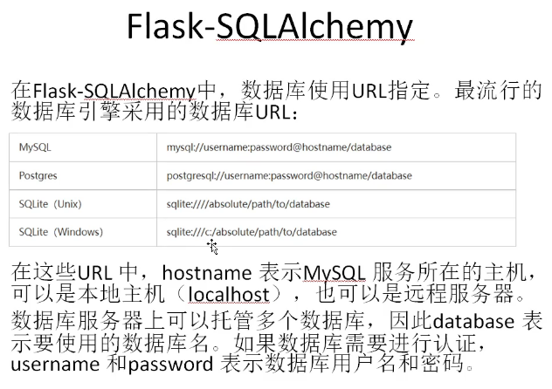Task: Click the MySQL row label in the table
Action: point(35,147)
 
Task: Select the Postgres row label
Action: point(38,175)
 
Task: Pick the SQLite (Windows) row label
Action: point(60,232)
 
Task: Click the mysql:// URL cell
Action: point(279,147)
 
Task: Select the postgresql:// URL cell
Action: point(289,175)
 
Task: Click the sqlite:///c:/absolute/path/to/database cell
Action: point(252,232)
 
